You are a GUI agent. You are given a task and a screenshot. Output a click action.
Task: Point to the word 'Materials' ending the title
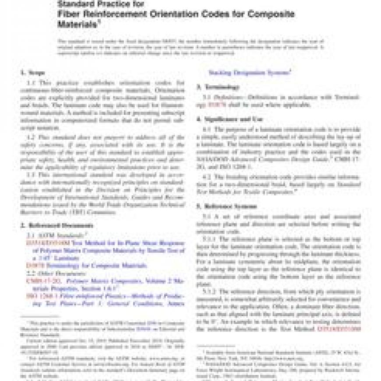76,24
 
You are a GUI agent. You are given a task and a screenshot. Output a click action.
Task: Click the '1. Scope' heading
33,72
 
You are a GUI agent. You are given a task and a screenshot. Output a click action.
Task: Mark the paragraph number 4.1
205,130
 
